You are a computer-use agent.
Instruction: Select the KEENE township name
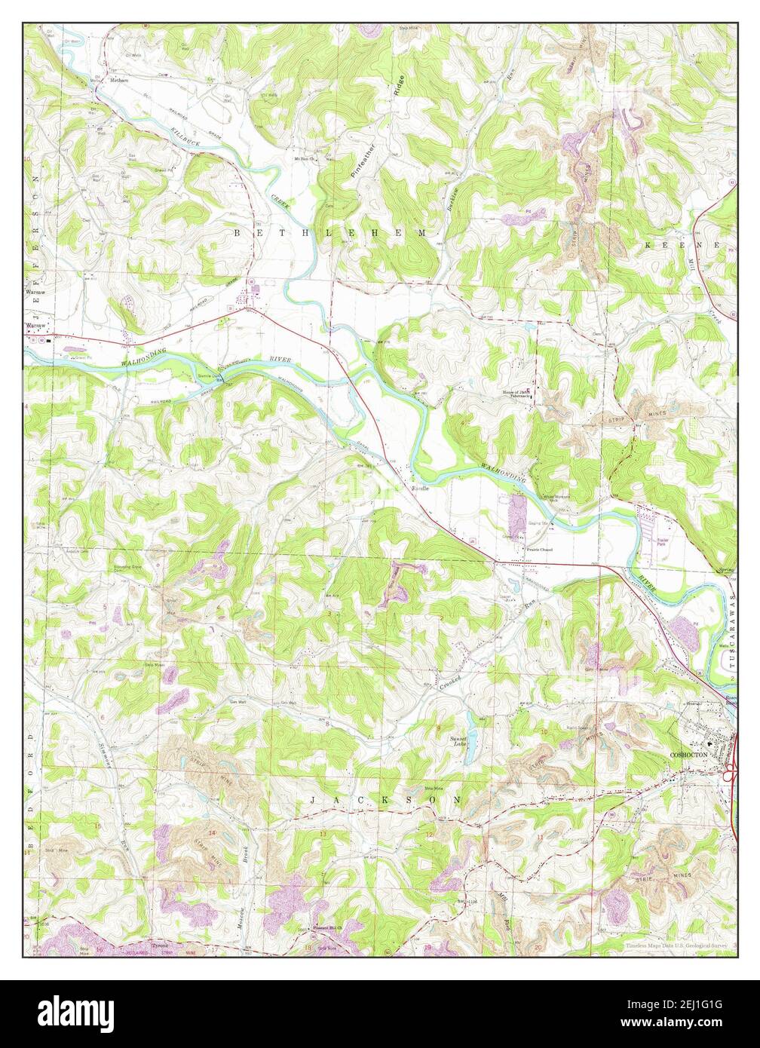point(685,247)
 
